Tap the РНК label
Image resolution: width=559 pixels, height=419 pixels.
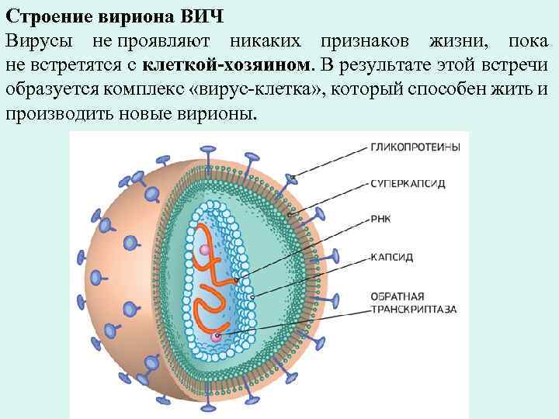pyautogui.click(x=381, y=219)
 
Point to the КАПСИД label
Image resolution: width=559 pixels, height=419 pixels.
pyautogui.click(x=391, y=256)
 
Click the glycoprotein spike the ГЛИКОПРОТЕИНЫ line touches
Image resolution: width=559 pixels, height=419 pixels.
pyautogui.click(x=292, y=178)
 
